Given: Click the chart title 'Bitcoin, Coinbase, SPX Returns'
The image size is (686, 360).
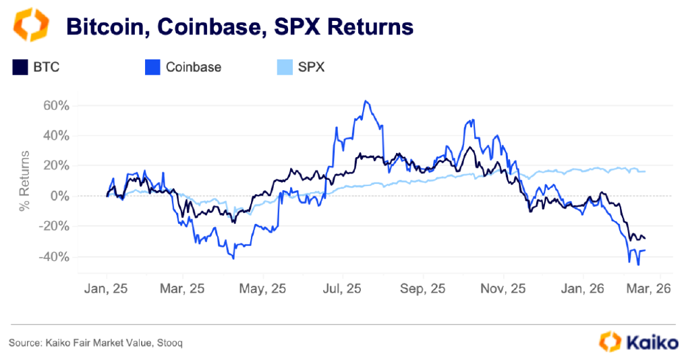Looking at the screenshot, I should click(239, 26).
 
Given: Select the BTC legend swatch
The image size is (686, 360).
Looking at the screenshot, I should click(20, 67).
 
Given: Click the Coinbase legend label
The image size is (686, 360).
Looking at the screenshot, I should click(194, 67).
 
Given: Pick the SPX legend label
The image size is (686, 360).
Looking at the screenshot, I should click(311, 67).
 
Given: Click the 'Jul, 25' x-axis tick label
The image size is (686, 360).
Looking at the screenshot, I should click(342, 289).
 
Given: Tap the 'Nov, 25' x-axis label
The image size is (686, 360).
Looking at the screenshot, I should click(503, 289).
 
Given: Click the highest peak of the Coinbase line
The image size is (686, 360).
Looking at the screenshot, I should click(365, 101).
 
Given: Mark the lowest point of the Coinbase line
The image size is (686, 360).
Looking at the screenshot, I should click(638, 265).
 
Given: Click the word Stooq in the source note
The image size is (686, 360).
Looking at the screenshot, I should click(169, 343).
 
